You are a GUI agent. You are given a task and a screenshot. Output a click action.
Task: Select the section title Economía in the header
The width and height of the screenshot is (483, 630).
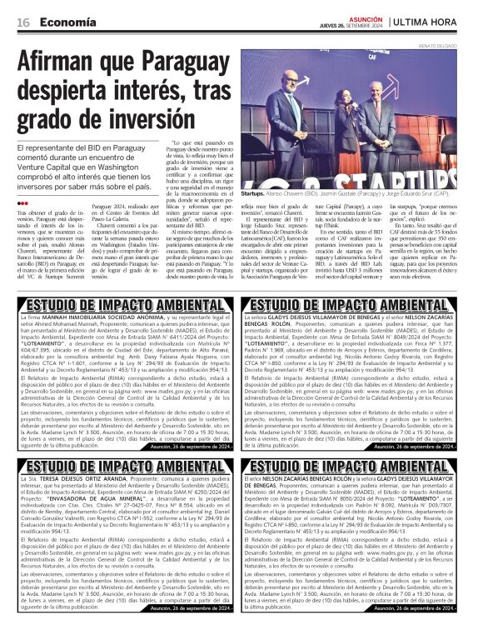point(66,21)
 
